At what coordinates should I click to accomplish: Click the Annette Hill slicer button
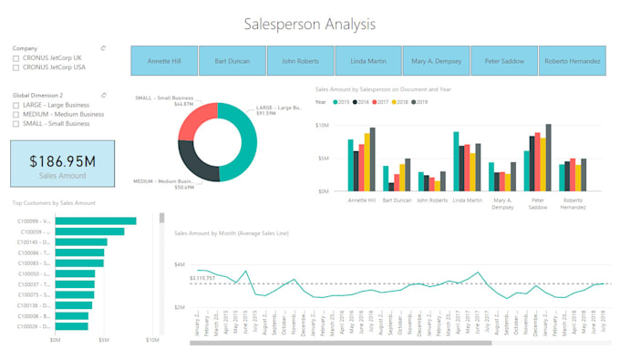coord(164,60)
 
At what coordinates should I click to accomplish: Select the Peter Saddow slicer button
coord(503,60)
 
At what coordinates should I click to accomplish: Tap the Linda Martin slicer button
coord(367,60)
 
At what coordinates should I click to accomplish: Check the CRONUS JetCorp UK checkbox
coord(16,57)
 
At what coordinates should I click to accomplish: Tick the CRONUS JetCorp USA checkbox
coord(16,67)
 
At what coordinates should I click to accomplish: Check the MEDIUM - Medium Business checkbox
coord(16,114)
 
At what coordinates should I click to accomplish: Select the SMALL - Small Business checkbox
coord(16,124)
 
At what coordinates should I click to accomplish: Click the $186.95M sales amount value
coord(62,160)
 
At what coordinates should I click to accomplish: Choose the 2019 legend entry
coord(420,102)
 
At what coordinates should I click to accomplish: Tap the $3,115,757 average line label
coord(203,278)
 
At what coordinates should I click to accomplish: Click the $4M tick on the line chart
coord(180,264)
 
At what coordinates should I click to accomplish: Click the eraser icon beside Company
coord(103,47)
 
